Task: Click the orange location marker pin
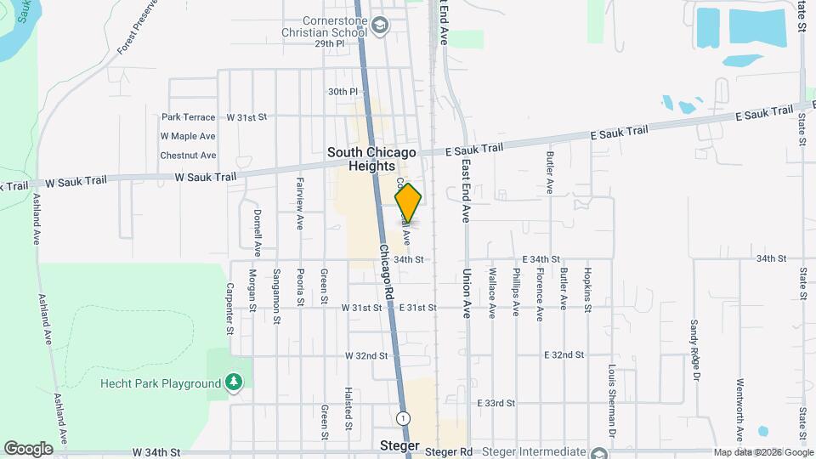[x=408, y=202]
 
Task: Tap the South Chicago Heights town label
[x=372, y=159]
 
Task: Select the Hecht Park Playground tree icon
[x=235, y=383]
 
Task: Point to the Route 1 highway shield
[x=402, y=418]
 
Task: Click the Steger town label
[x=399, y=445]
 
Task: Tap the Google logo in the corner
[x=28, y=448]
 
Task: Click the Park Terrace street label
[x=188, y=116]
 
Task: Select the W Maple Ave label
[x=188, y=136]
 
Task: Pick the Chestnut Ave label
[x=188, y=156]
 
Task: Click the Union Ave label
[x=467, y=294]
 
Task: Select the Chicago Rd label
[x=388, y=272]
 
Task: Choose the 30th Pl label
[x=342, y=91]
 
